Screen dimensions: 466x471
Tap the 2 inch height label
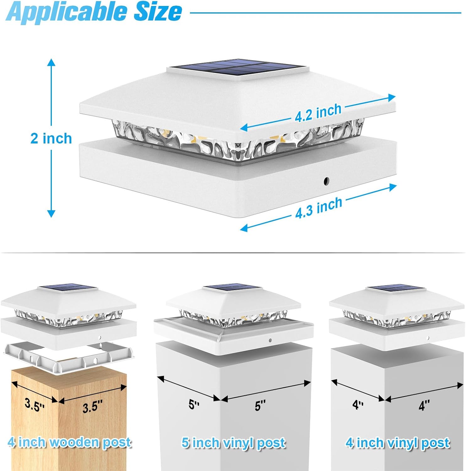(x=51, y=138)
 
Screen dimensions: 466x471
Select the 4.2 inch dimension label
(x=318, y=112)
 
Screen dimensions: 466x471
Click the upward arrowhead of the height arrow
(x=51, y=62)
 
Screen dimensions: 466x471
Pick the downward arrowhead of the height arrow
(x=51, y=214)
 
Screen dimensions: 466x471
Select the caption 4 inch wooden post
(x=69, y=442)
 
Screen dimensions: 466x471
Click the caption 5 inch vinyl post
(x=234, y=443)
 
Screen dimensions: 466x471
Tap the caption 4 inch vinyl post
(x=398, y=443)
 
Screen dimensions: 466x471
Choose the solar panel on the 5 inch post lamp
(x=232, y=288)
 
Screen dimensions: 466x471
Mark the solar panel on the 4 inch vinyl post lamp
(x=396, y=288)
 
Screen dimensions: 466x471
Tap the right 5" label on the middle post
(x=260, y=405)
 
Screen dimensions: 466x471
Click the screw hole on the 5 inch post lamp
(x=270, y=340)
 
